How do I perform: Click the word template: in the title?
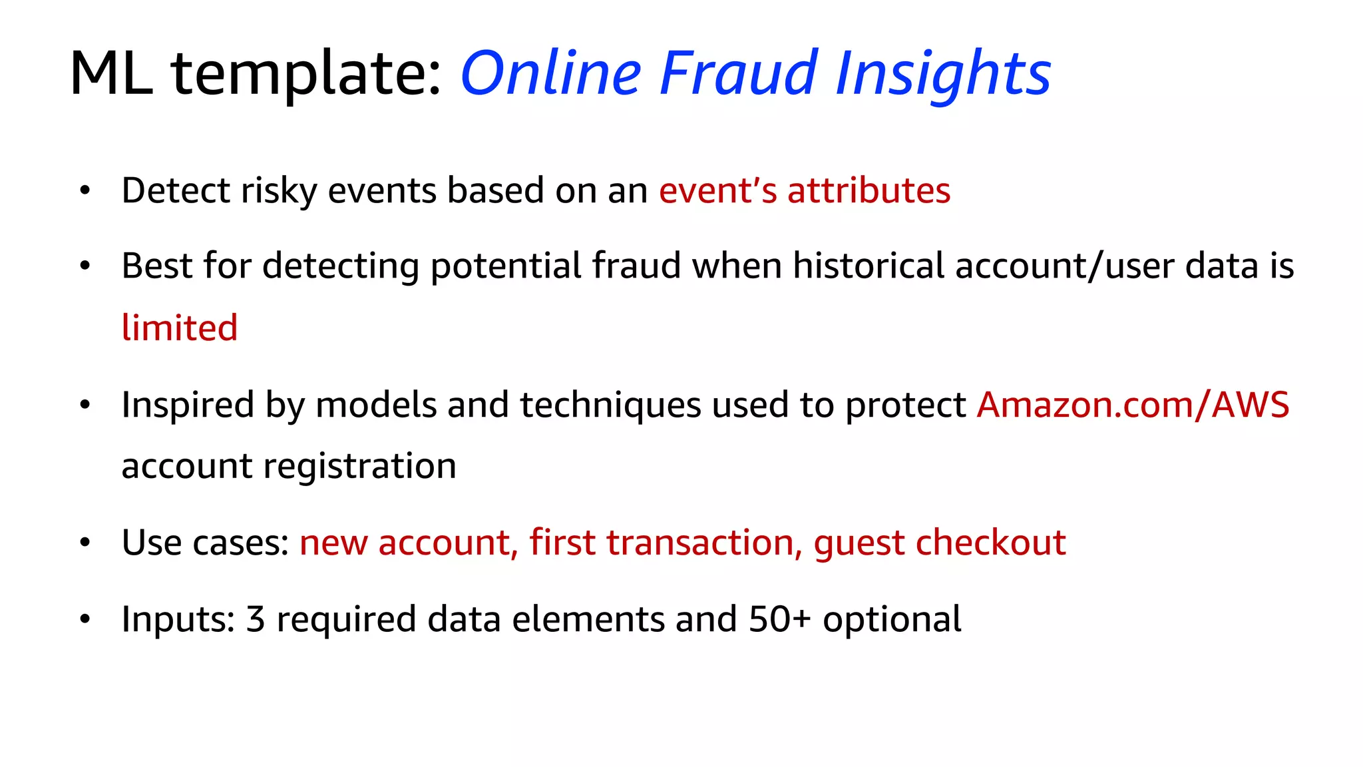[306, 75]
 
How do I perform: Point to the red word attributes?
[869, 191]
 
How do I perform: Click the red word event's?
[717, 191]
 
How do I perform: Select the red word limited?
[180, 328]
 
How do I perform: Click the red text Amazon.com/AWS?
[1133, 405]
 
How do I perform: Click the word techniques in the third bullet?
[610, 405]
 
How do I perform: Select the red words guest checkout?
[939, 543]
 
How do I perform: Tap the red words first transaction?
[666, 543]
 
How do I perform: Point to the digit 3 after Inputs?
[256, 620]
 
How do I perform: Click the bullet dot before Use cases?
[85, 543]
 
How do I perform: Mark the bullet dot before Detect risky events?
[85, 191]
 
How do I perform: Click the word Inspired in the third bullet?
[188, 405]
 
